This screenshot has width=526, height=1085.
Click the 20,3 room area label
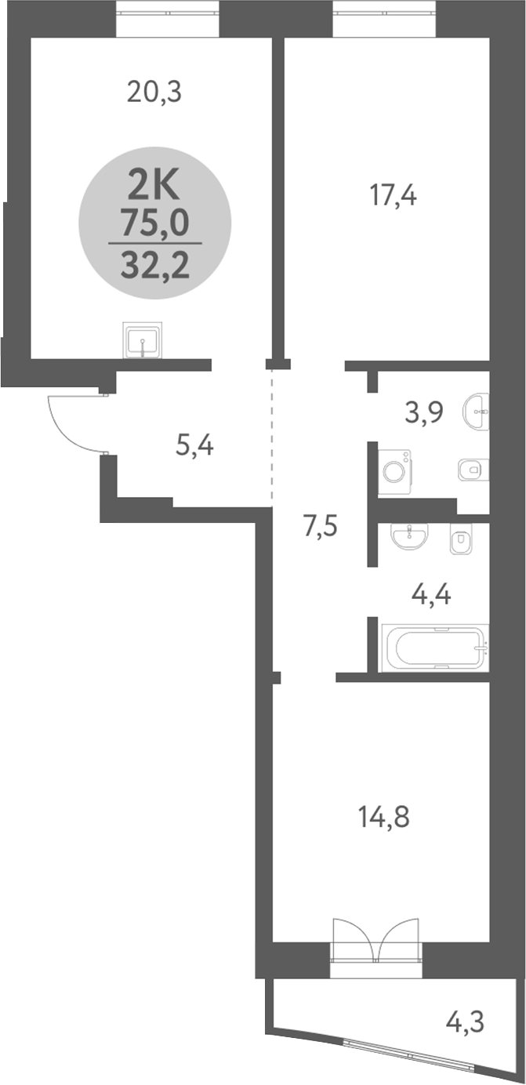tap(154, 93)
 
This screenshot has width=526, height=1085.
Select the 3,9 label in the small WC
tap(424, 412)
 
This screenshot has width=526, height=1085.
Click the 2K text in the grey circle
tap(154, 187)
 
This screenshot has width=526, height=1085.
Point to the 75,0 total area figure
tap(154, 224)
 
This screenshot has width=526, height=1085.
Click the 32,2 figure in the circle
tap(154, 267)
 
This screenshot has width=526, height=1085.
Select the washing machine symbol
tap(394, 471)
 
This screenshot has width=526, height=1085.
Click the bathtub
tap(434, 648)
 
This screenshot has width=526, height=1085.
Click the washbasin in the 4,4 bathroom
tap(408, 538)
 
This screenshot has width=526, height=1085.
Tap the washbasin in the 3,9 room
tap(476, 412)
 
